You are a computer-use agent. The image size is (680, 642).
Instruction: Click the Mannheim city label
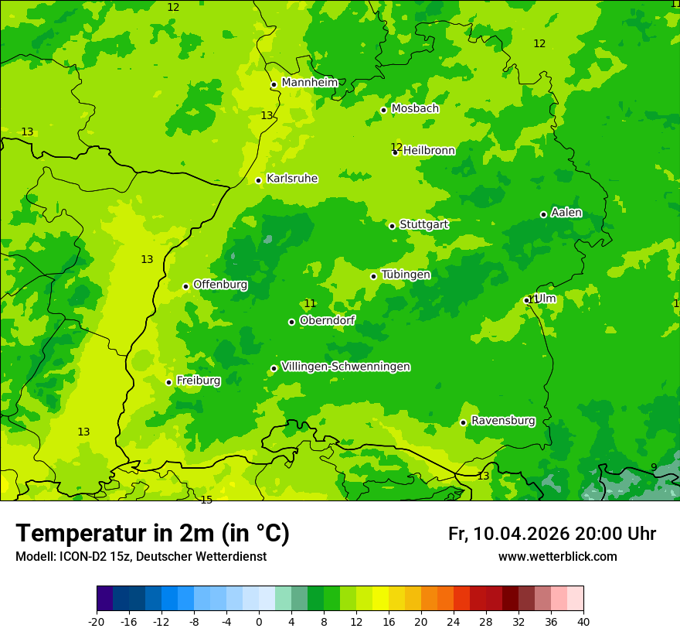click(x=309, y=83)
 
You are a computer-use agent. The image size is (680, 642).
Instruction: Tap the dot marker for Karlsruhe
click(x=259, y=180)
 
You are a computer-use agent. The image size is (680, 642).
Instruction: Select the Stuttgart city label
click(x=423, y=224)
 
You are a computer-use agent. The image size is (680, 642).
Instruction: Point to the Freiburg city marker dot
click(x=168, y=382)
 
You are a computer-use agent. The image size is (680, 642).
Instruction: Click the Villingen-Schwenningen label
click(x=345, y=367)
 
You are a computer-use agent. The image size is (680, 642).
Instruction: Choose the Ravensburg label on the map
click(x=503, y=421)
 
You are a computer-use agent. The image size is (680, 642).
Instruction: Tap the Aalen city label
click(x=566, y=213)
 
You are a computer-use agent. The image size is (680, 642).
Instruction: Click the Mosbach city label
click(x=415, y=109)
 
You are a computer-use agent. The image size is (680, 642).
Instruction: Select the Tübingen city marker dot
click(x=374, y=276)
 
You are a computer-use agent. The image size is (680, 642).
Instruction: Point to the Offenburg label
click(x=220, y=285)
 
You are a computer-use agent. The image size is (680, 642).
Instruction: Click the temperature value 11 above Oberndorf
click(x=310, y=304)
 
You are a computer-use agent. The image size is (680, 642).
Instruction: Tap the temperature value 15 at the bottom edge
click(x=206, y=500)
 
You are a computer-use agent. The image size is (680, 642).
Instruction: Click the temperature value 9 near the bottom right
click(x=654, y=467)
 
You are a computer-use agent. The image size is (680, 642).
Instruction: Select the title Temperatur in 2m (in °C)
click(x=152, y=534)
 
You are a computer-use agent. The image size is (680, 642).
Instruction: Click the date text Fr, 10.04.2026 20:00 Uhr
click(x=552, y=534)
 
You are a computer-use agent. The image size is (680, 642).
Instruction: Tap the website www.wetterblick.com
click(x=557, y=557)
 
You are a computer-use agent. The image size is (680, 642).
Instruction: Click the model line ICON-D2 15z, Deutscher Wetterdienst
click(x=141, y=557)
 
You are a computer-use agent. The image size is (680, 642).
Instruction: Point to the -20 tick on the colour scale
click(x=97, y=621)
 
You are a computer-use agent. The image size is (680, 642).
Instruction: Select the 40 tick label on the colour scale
click(x=583, y=621)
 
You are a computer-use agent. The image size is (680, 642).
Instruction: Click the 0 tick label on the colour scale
click(x=259, y=621)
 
